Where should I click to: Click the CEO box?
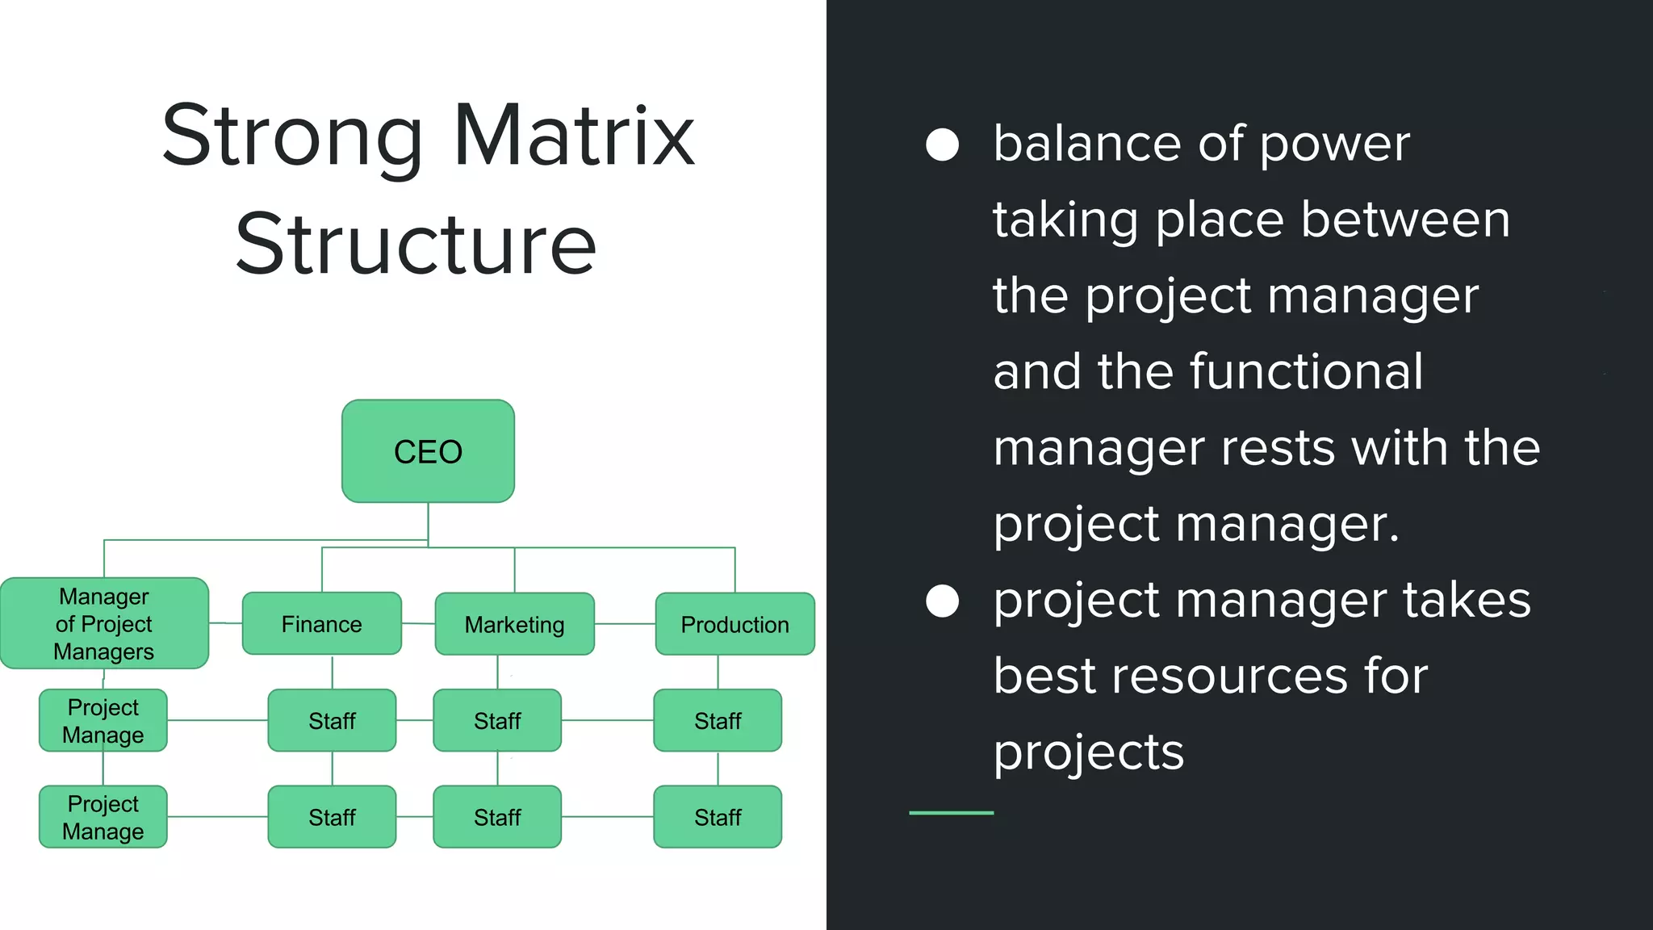coord(428,451)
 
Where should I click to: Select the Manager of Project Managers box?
coord(104,623)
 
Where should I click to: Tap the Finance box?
coord(321,623)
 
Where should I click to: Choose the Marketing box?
coord(514,624)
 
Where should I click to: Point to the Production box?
coord(734,624)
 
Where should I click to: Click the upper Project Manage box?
coord(103,720)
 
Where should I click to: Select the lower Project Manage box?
coord(103,817)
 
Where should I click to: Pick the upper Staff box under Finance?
coord(332,720)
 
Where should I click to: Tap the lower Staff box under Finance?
coord(332,817)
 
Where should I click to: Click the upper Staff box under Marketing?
coord(497,720)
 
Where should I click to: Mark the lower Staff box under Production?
coord(718,817)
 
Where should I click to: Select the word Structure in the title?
coord(416,244)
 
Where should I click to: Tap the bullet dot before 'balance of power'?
coord(942,145)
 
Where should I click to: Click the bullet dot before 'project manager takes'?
coord(942,601)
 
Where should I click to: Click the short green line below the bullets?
coord(951,813)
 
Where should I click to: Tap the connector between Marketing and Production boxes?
coord(625,624)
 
